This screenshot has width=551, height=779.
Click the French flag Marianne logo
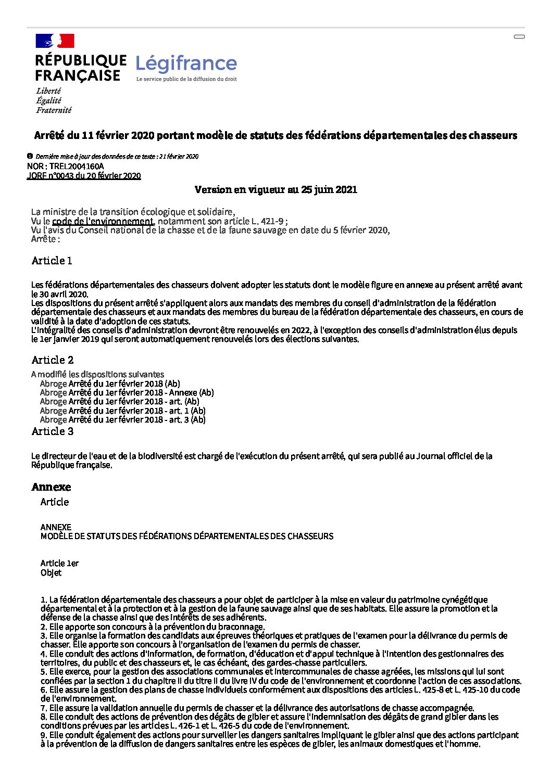click(x=55, y=41)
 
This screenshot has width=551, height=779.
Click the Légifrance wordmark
click(x=186, y=63)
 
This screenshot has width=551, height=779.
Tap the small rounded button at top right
click(x=519, y=37)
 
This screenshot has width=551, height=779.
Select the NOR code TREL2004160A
click(x=77, y=167)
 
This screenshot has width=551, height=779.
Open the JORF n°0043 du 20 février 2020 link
click(x=84, y=176)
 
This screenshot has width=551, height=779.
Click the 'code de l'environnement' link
click(x=103, y=221)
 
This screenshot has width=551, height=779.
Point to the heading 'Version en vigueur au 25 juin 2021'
click(x=275, y=189)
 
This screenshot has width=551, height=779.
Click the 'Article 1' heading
click(x=52, y=261)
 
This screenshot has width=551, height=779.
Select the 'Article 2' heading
click(x=53, y=360)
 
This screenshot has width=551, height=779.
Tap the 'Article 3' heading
click(x=53, y=431)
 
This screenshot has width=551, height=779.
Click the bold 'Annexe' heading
click(x=51, y=487)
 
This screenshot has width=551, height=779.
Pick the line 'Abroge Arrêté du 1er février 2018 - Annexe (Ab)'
click(x=127, y=393)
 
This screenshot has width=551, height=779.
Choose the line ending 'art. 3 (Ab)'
click(x=123, y=420)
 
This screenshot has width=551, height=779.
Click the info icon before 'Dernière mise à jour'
click(x=30, y=156)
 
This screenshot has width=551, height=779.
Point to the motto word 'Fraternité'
click(x=54, y=110)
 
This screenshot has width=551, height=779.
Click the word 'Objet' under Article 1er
click(x=51, y=573)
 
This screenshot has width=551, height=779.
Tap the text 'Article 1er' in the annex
click(x=59, y=564)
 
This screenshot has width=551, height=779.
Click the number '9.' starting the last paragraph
click(x=44, y=735)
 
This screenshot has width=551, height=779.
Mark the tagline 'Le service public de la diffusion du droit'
click(x=186, y=79)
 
